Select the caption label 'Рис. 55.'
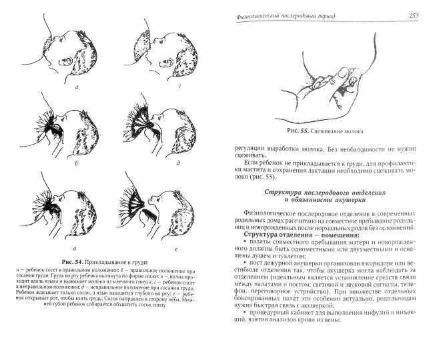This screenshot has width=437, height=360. pyautogui.click(x=296, y=131)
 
